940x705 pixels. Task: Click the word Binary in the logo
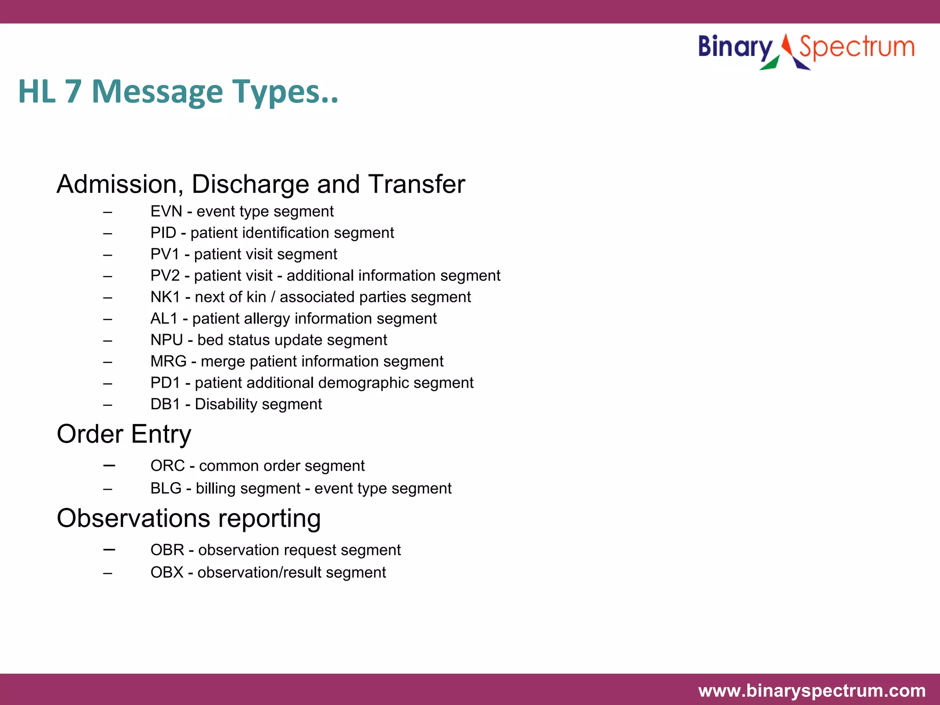point(735,47)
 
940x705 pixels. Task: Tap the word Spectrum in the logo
point(856,47)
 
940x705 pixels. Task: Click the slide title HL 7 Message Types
point(178,92)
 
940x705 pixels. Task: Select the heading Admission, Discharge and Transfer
point(261,184)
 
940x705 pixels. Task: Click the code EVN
point(166,212)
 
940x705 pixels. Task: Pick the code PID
point(163,233)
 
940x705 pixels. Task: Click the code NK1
point(165,297)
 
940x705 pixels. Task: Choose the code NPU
point(167,340)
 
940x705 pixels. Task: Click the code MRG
point(168,362)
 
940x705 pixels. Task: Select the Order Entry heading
point(124,434)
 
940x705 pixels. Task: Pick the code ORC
point(168,466)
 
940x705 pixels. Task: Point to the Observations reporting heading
point(189,519)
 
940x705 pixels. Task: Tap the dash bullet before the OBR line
point(109,549)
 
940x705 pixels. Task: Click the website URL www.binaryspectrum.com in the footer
point(811,691)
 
